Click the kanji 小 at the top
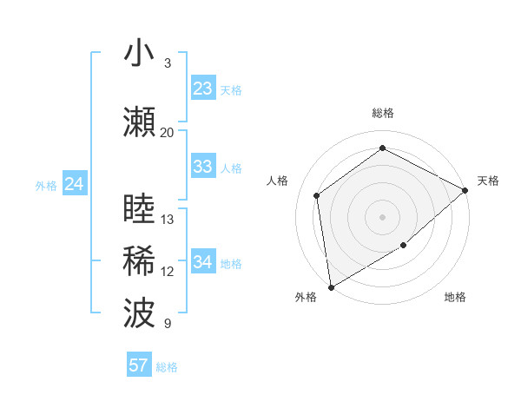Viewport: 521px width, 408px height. click(139, 54)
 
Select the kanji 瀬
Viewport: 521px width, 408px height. click(139, 123)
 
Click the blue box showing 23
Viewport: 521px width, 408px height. click(202, 89)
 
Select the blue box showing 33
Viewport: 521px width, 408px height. click(202, 167)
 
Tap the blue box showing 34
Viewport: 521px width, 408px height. click(202, 262)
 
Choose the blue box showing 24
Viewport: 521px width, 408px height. click(75, 184)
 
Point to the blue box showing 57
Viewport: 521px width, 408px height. click(139, 365)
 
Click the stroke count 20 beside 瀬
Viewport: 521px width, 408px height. click(167, 133)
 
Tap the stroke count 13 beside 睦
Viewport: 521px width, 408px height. click(168, 220)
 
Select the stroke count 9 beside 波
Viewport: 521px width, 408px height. click(168, 324)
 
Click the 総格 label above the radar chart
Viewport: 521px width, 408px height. click(382, 113)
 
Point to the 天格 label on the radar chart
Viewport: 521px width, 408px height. click(489, 181)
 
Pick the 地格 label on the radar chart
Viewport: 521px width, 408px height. click(455, 297)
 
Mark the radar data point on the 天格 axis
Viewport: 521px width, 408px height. click(465, 190)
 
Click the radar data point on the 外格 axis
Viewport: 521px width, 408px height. click(331, 286)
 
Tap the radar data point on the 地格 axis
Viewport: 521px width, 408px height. click(403, 246)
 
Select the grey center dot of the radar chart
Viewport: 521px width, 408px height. click(382, 216)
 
